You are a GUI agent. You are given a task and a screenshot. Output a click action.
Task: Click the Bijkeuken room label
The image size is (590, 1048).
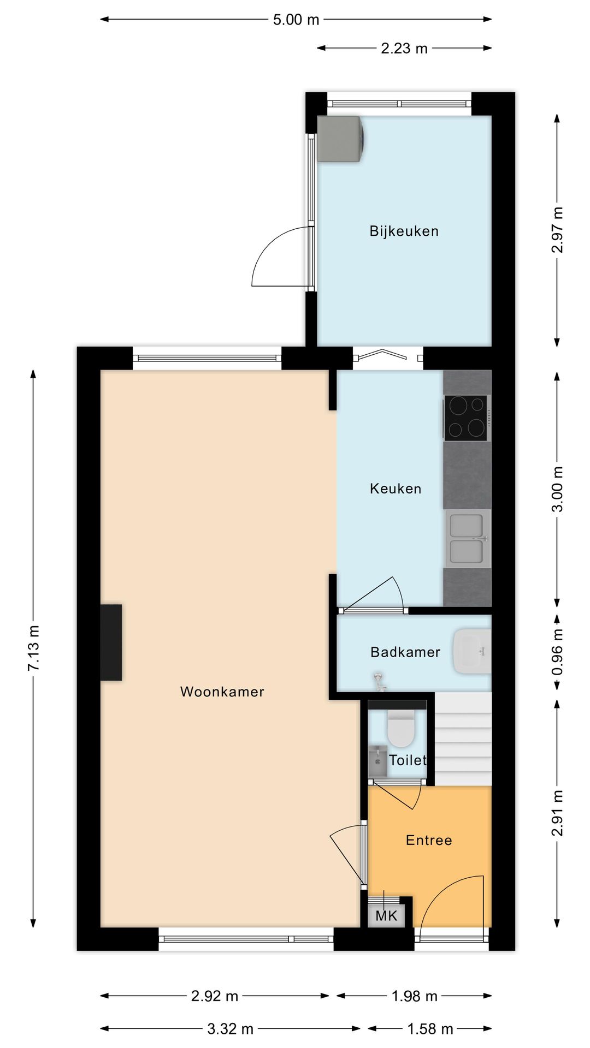click(x=404, y=231)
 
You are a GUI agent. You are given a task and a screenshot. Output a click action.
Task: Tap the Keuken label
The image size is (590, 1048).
click(x=396, y=489)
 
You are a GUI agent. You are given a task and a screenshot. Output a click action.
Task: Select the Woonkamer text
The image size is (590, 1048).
click(x=222, y=692)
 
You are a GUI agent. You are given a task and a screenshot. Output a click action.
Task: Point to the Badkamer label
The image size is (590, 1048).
click(x=405, y=652)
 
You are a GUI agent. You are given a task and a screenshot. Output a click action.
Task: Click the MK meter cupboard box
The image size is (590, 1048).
click(x=386, y=915)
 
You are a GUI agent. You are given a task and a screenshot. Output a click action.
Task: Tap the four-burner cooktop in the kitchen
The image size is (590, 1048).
click(x=466, y=418)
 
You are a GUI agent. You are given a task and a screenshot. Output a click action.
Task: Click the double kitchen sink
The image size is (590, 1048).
click(x=468, y=539)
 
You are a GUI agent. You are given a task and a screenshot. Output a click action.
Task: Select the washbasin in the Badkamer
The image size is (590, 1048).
click(x=472, y=651)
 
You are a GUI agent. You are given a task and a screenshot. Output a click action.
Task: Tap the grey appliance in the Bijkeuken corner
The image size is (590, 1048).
click(x=340, y=139)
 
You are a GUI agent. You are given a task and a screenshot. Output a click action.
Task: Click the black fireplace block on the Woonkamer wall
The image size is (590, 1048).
click(x=111, y=642)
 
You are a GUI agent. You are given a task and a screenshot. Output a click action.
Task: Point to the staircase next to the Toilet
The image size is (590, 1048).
click(x=463, y=740)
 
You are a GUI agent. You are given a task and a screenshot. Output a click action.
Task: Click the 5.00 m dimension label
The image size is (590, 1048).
click(x=296, y=20)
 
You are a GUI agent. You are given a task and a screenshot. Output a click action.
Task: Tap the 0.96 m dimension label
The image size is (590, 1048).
click(x=557, y=652)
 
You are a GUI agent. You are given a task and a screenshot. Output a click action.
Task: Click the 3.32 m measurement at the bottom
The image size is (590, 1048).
click(x=230, y=1029)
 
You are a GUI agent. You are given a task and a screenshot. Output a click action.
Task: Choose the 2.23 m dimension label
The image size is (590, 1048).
click(x=404, y=49)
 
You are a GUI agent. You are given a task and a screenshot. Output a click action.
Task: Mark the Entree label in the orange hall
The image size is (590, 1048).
click(x=429, y=840)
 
